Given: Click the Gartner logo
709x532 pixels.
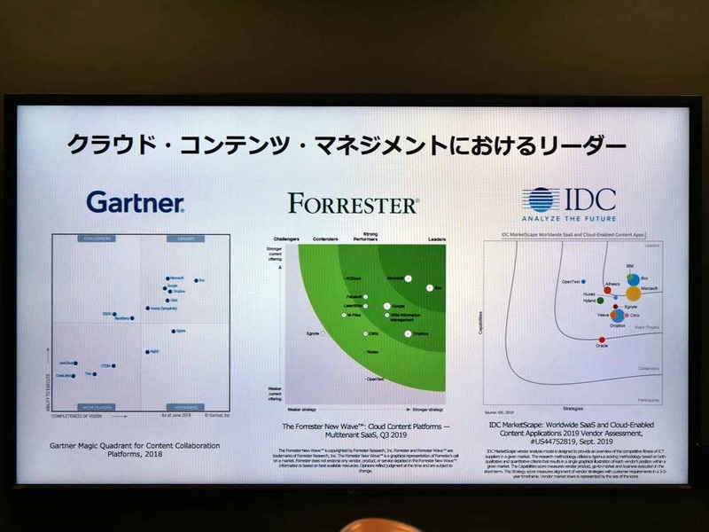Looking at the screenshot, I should pyautogui.click(x=136, y=202).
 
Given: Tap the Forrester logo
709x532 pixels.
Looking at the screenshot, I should pyautogui.click(x=353, y=205).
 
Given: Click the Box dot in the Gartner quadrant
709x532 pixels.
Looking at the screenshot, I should pyautogui.click(x=197, y=280).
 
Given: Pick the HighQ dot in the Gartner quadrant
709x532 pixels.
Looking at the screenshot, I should pyautogui.click(x=146, y=351).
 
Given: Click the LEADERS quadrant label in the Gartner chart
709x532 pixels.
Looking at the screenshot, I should pyautogui.click(x=185, y=239).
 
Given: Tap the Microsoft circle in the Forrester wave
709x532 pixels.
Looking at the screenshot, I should pyautogui.click(x=409, y=278).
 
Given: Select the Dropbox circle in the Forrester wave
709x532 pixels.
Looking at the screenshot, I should pyautogui.click(x=408, y=333).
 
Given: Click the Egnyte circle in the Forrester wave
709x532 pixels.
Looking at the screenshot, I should pyautogui.click(x=323, y=333).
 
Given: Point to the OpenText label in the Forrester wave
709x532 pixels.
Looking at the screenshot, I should pyautogui.click(x=375, y=379).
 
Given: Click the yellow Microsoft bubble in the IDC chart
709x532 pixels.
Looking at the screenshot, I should pyautogui.click(x=633, y=292).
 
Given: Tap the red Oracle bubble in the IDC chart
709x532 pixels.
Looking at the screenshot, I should pyautogui.click(x=602, y=340).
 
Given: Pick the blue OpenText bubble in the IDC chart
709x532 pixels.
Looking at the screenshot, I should pyautogui.click(x=583, y=281).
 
